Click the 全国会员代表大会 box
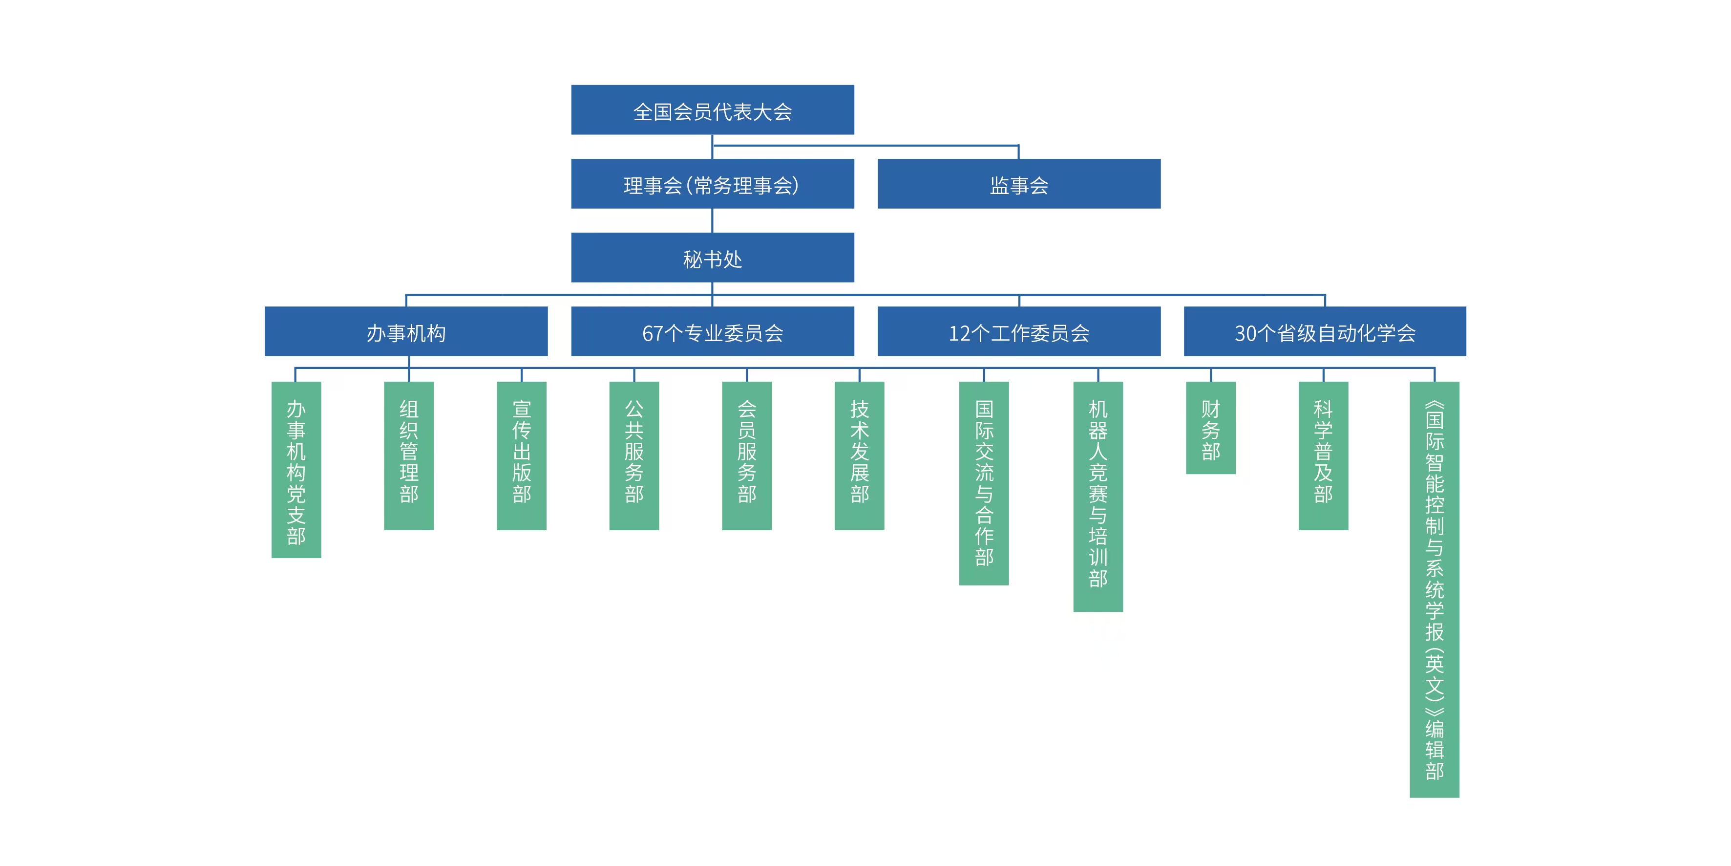click(712, 109)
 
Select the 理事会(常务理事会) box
click(712, 184)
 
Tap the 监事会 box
click(1019, 184)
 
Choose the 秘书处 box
click(712, 258)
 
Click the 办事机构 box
click(406, 331)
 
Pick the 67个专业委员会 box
click(712, 331)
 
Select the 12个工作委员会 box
click(1019, 331)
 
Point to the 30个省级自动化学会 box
click(1325, 331)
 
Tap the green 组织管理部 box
click(408, 456)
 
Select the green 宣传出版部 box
click(522, 456)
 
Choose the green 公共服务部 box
click(633, 456)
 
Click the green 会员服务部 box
click(746, 456)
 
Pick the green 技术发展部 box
click(860, 456)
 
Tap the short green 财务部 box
click(1210, 428)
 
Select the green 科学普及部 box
click(1323, 456)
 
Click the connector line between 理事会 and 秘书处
click(712, 220)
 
